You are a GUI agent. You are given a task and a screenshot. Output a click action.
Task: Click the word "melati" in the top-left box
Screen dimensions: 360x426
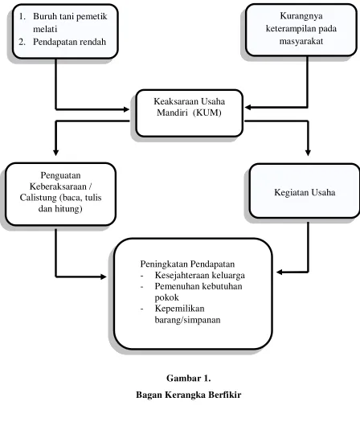pos(45,29)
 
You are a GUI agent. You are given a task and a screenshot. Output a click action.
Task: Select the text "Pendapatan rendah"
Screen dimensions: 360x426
pos(70,42)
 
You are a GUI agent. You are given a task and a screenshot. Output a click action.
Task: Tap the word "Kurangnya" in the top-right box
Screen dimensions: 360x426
pos(301,16)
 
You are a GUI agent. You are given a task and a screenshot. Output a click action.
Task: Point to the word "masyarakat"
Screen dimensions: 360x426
pos(301,41)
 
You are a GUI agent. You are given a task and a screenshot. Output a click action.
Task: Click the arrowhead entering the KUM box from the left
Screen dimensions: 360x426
pos(126,109)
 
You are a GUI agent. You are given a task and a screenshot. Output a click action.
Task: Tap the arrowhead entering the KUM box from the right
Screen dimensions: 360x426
pos(247,108)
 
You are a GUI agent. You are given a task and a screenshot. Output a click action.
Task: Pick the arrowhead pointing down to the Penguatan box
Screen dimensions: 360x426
pos(56,153)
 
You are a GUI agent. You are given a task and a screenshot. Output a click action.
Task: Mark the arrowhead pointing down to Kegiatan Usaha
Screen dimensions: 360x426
pos(308,153)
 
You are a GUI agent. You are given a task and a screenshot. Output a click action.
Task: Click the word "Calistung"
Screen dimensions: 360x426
pos(38,198)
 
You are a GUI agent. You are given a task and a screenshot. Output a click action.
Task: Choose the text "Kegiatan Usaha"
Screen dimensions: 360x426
pos(305,193)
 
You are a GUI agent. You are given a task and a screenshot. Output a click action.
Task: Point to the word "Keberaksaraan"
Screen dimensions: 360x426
pos(58,186)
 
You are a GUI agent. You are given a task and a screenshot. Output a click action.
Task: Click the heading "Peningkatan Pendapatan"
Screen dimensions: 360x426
pos(187,264)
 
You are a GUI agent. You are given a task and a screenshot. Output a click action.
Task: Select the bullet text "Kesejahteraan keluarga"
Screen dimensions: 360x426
pos(200,275)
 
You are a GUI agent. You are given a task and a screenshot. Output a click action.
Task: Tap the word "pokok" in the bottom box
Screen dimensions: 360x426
pos(167,297)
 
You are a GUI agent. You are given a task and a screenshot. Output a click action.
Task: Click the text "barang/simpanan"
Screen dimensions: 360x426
pos(187,320)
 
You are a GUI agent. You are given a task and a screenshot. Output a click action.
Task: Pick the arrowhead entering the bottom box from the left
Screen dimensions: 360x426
pos(103,276)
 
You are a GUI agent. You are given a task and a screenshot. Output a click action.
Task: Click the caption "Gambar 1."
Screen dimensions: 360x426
pos(189,379)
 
